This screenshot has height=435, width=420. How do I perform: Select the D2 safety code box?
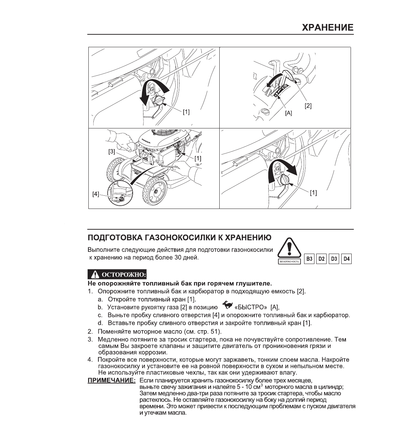pyautogui.click(x=322, y=259)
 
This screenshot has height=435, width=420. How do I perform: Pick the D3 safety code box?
pyautogui.click(x=334, y=259)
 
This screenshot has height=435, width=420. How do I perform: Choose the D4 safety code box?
pyautogui.click(x=346, y=259)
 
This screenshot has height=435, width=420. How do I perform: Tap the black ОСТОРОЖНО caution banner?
pyautogui.click(x=118, y=275)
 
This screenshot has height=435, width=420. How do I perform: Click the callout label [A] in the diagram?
pyautogui.click(x=288, y=113)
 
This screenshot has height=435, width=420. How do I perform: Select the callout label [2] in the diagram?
pyautogui.click(x=308, y=106)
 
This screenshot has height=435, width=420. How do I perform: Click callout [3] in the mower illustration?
pyautogui.click(x=112, y=151)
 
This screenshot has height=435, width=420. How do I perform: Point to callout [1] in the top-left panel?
pyautogui.click(x=186, y=112)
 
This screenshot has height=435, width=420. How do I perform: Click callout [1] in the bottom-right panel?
pyautogui.click(x=313, y=193)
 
